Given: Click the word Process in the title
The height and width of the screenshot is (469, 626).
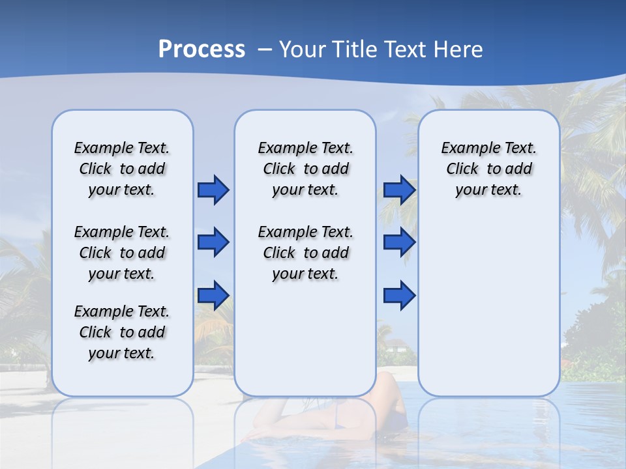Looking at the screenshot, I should [201, 49].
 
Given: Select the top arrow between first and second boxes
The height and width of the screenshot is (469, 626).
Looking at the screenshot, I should [213, 190].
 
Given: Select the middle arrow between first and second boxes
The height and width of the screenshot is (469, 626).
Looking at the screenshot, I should [213, 242].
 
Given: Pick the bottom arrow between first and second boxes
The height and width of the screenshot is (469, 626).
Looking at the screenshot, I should [213, 295].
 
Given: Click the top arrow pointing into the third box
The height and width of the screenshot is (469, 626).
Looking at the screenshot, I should [399, 190].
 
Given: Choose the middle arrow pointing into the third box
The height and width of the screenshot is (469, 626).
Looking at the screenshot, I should [399, 242].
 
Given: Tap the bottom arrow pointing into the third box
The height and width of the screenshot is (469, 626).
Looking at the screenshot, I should [399, 295].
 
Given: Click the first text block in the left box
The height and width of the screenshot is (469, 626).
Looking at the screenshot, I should [122, 169].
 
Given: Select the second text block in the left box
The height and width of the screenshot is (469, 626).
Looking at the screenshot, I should [122, 253].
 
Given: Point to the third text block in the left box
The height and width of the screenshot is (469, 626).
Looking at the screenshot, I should [122, 332].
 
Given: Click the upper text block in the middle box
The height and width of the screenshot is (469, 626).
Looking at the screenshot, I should [305, 169].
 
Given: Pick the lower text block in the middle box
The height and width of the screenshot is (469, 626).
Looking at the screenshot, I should [305, 253].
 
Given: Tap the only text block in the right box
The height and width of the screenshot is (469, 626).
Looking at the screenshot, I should [488, 169].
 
